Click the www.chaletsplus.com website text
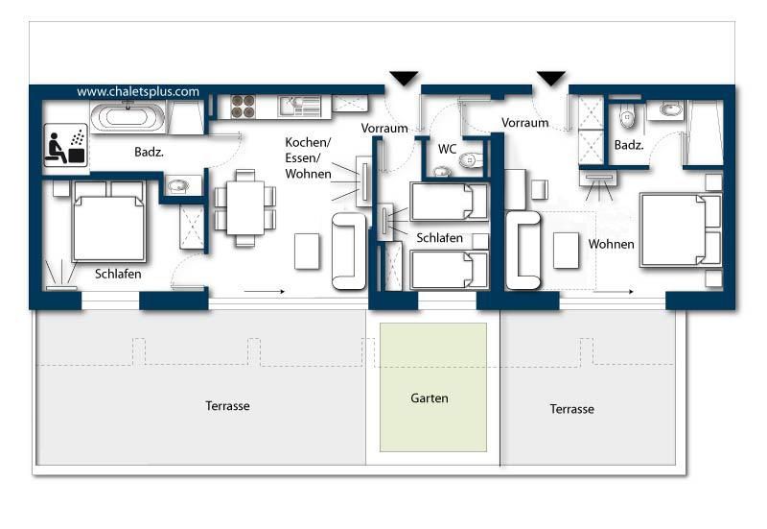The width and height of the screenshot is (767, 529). (138, 91)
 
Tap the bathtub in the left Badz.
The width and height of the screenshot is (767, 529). (128, 117)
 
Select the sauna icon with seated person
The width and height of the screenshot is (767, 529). (65, 146)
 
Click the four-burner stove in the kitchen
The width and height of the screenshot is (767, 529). (244, 107)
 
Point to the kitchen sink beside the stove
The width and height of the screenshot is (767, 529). (299, 107)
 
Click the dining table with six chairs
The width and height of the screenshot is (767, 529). (245, 207)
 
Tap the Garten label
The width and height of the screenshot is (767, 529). (430, 398)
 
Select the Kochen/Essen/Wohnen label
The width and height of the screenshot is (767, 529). (308, 158)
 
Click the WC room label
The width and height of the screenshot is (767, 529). (447, 149)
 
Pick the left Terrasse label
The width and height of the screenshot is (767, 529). (227, 406)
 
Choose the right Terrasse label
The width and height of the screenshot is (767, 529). (571, 409)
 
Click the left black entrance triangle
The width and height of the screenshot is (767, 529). (404, 78)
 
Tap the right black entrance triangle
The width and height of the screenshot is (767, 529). (551, 78)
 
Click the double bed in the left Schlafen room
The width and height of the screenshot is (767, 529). (108, 222)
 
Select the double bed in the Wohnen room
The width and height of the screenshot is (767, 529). (681, 229)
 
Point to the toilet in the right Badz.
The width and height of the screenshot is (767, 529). (627, 115)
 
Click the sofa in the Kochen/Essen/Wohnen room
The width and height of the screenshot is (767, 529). (349, 251)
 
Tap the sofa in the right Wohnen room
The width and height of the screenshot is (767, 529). (523, 250)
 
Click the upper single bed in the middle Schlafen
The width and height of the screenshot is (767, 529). (449, 202)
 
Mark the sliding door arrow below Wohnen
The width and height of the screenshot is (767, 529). (615, 292)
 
